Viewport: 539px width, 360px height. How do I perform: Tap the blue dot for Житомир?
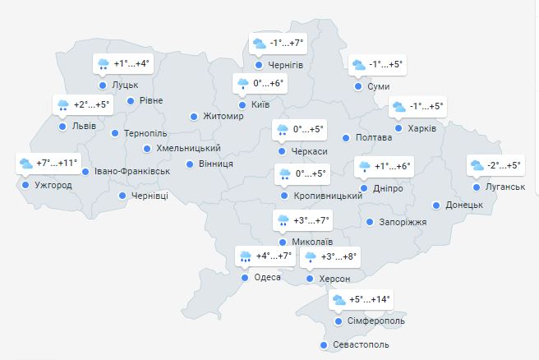[195, 117]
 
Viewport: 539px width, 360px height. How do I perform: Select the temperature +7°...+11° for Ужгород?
[57, 163]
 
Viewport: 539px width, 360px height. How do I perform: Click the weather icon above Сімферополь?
[339, 300]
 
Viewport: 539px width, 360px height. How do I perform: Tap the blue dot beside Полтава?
[346, 138]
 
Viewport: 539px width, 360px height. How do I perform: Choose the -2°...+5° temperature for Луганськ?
[504, 165]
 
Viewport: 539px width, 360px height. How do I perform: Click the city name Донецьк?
[463, 205]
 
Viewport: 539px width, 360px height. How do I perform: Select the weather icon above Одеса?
[245, 256]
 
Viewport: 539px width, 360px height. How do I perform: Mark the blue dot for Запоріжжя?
[370, 222]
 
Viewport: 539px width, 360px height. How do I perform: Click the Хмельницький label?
[188, 149]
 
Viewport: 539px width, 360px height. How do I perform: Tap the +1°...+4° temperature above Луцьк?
[131, 63]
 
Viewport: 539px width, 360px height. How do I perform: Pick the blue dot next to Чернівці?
[123, 196]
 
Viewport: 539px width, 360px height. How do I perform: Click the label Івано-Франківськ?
[131, 172]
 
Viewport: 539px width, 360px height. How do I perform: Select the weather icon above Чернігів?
[260, 44]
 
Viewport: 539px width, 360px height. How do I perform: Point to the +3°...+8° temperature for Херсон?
[339, 256]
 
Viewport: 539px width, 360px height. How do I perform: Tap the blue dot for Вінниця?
[191, 164]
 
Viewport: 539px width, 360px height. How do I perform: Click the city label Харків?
[421, 128]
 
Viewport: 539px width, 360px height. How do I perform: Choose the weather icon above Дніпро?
[364, 167]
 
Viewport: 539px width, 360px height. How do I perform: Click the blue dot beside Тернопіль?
[115, 133]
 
